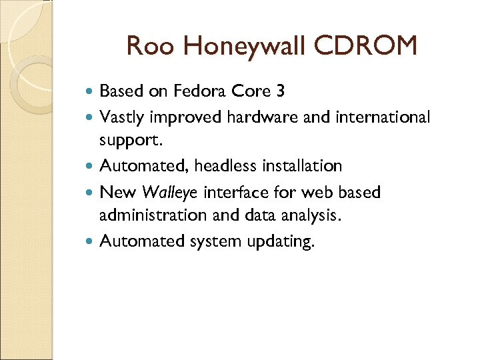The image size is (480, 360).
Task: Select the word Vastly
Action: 123,117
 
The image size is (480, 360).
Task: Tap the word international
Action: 375,117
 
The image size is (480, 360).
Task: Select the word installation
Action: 302,165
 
